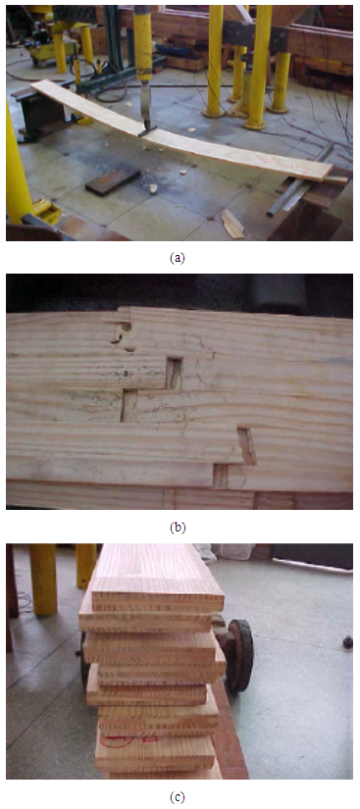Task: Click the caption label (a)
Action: [x=177, y=259]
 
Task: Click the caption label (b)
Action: [x=177, y=528]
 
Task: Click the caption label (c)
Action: [x=177, y=797]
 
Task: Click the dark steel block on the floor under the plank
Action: [x=114, y=180]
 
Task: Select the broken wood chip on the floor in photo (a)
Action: [x=233, y=224]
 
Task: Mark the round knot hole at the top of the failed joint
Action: [x=125, y=327]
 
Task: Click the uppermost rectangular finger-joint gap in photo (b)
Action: [x=174, y=373]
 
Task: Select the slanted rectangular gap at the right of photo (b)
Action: [x=246, y=445]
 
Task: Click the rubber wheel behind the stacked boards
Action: [x=239, y=655]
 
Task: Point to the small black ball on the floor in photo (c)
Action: [x=347, y=642]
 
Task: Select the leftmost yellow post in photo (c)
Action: [x=43, y=579]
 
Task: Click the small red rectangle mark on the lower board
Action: [x=150, y=738]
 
